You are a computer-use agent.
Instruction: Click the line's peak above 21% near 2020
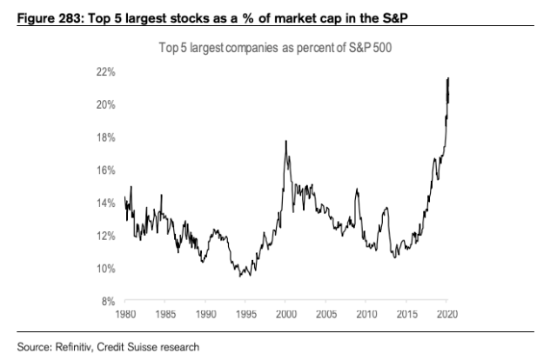click(447, 78)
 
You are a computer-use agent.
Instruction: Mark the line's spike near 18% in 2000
click(286, 141)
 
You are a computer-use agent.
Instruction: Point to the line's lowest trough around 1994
click(240, 277)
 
